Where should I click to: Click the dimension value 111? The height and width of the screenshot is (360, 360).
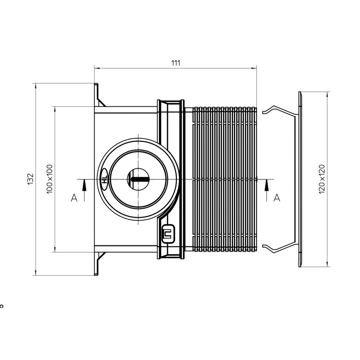(176, 63)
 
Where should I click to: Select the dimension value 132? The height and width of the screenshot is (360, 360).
(31, 179)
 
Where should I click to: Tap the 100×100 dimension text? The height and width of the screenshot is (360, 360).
(50, 179)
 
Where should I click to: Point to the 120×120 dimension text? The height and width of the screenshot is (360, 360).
(322, 179)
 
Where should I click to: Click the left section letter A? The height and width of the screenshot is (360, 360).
(74, 197)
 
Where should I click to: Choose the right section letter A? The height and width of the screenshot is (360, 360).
(277, 197)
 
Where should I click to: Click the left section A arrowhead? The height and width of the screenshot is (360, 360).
(84, 185)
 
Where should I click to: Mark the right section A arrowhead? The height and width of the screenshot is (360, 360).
(266, 185)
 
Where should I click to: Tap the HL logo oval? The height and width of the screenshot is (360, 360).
(104, 179)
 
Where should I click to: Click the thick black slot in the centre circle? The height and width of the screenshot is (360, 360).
(140, 179)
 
